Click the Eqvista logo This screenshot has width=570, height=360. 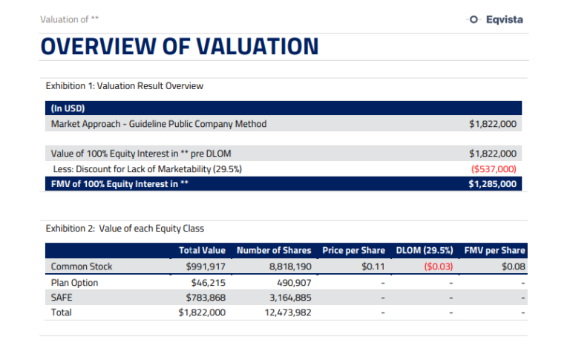click(x=496, y=20)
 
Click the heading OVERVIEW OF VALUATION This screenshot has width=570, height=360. click(x=179, y=47)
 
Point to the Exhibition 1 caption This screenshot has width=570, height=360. click(x=124, y=86)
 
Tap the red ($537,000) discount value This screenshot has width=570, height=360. click(x=494, y=169)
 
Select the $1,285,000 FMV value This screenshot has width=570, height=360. click(x=492, y=184)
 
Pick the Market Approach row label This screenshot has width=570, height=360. click(x=158, y=124)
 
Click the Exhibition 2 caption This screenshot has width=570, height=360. click(x=125, y=229)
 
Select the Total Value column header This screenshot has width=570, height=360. click(x=202, y=251)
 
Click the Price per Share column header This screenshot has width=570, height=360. click(x=353, y=251)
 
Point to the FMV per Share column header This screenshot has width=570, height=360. click(x=494, y=251)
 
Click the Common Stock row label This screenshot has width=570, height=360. click(x=82, y=266)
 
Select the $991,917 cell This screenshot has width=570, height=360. click(x=206, y=266)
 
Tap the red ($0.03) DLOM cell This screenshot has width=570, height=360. click(x=439, y=266)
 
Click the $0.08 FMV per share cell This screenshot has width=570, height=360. click(x=513, y=266)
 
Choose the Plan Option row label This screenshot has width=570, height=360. click(x=74, y=283)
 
